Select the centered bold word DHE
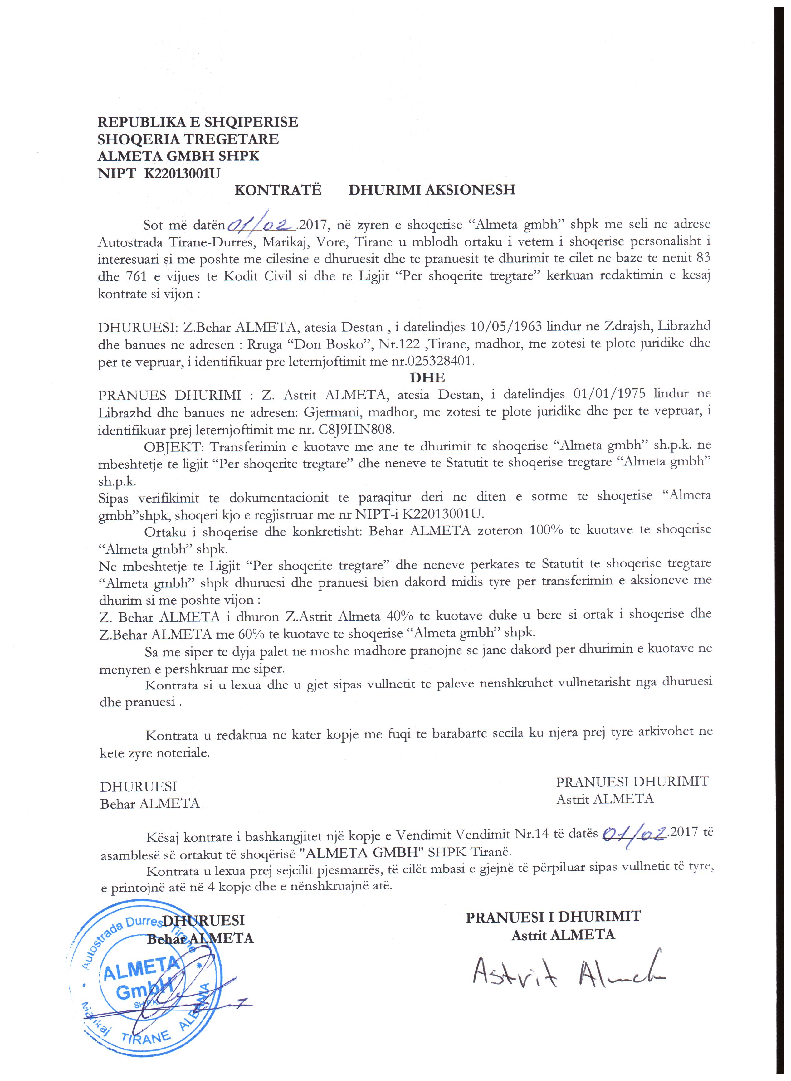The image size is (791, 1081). point(427,378)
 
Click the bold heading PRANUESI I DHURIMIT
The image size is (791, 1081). point(553,916)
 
